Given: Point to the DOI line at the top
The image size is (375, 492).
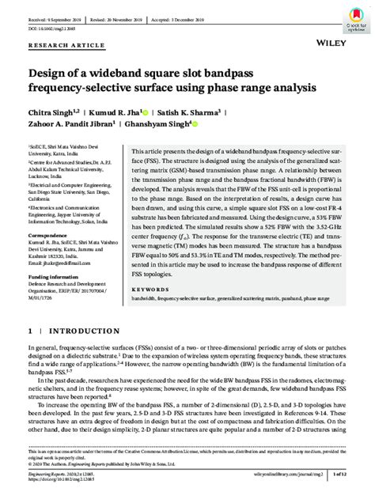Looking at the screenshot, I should coord(51,26).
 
